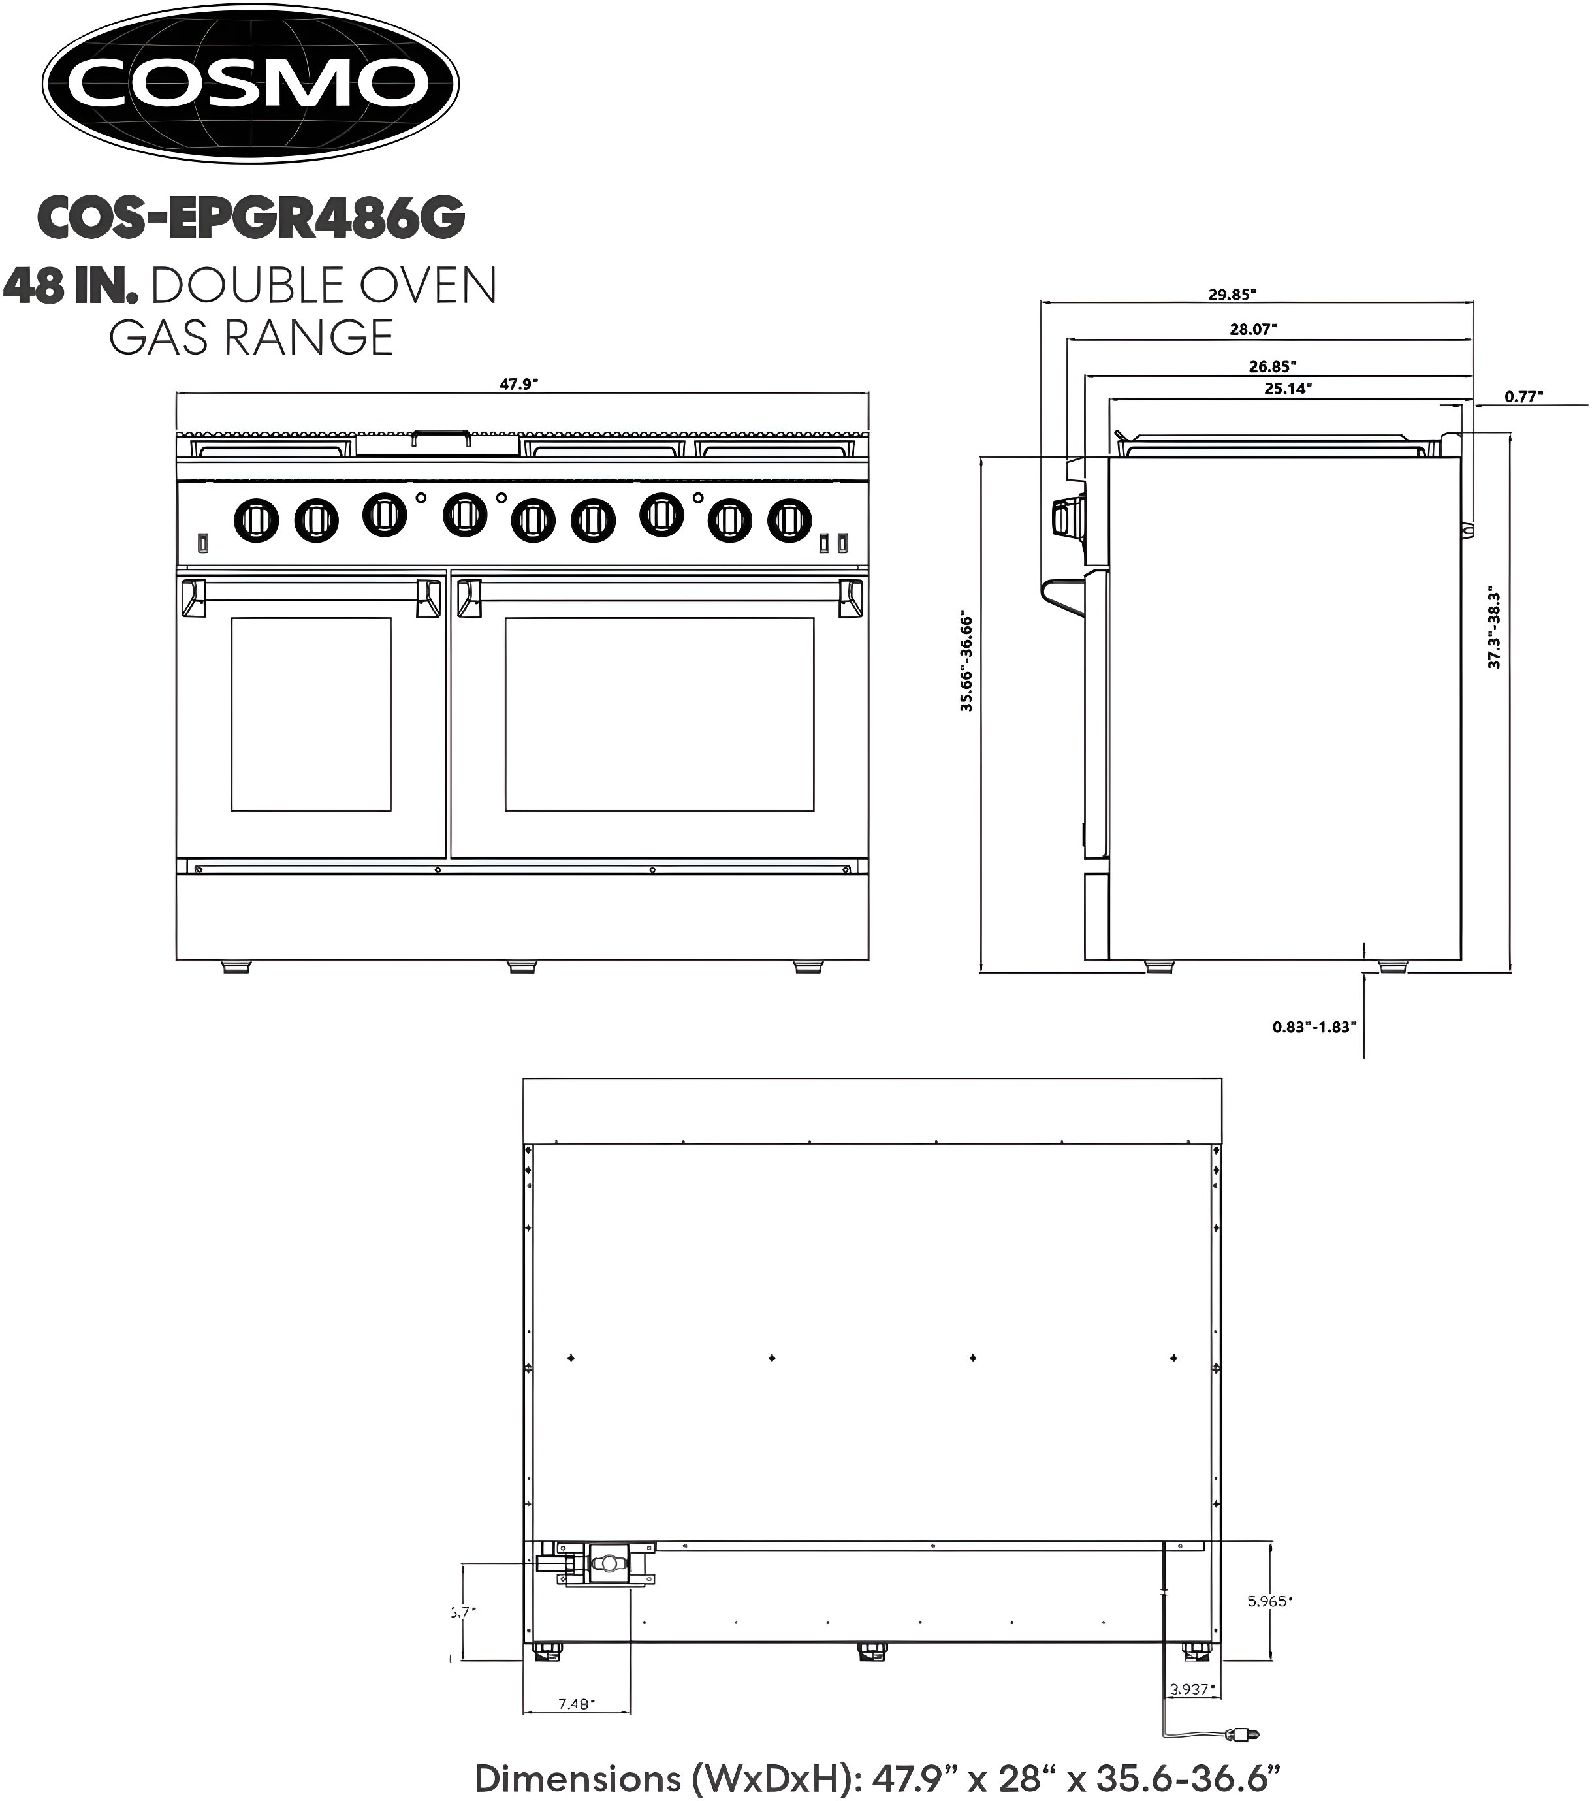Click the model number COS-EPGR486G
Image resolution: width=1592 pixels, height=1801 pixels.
pyautogui.click(x=251, y=217)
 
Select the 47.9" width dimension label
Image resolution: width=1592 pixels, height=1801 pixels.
pyautogui.click(x=518, y=384)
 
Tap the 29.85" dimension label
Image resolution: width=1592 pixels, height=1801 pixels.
pyautogui.click(x=1232, y=295)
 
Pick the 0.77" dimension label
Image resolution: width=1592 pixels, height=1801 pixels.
pyautogui.click(x=1523, y=396)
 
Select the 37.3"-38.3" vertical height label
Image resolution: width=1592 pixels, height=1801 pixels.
pyautogui.click(x=1494, y=628)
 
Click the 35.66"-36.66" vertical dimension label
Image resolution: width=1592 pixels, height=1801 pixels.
pyautogui.click(x=966, y=661)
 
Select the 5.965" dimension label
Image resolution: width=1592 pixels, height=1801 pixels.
pyautogui.click(x=1269, y=1601)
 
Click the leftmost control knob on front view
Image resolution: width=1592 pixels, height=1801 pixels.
pyautogui.click(x=255, y=520)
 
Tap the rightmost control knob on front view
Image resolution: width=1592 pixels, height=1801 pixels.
pyautogui.click(x=789, y=520)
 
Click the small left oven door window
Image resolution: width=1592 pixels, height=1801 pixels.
pyautogui.click(x=311, y=714)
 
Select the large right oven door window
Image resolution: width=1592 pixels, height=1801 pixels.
pyautogui.click(x=659, y=714)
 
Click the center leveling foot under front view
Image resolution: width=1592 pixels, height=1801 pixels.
pyautogui.click(x=522, y=966)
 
